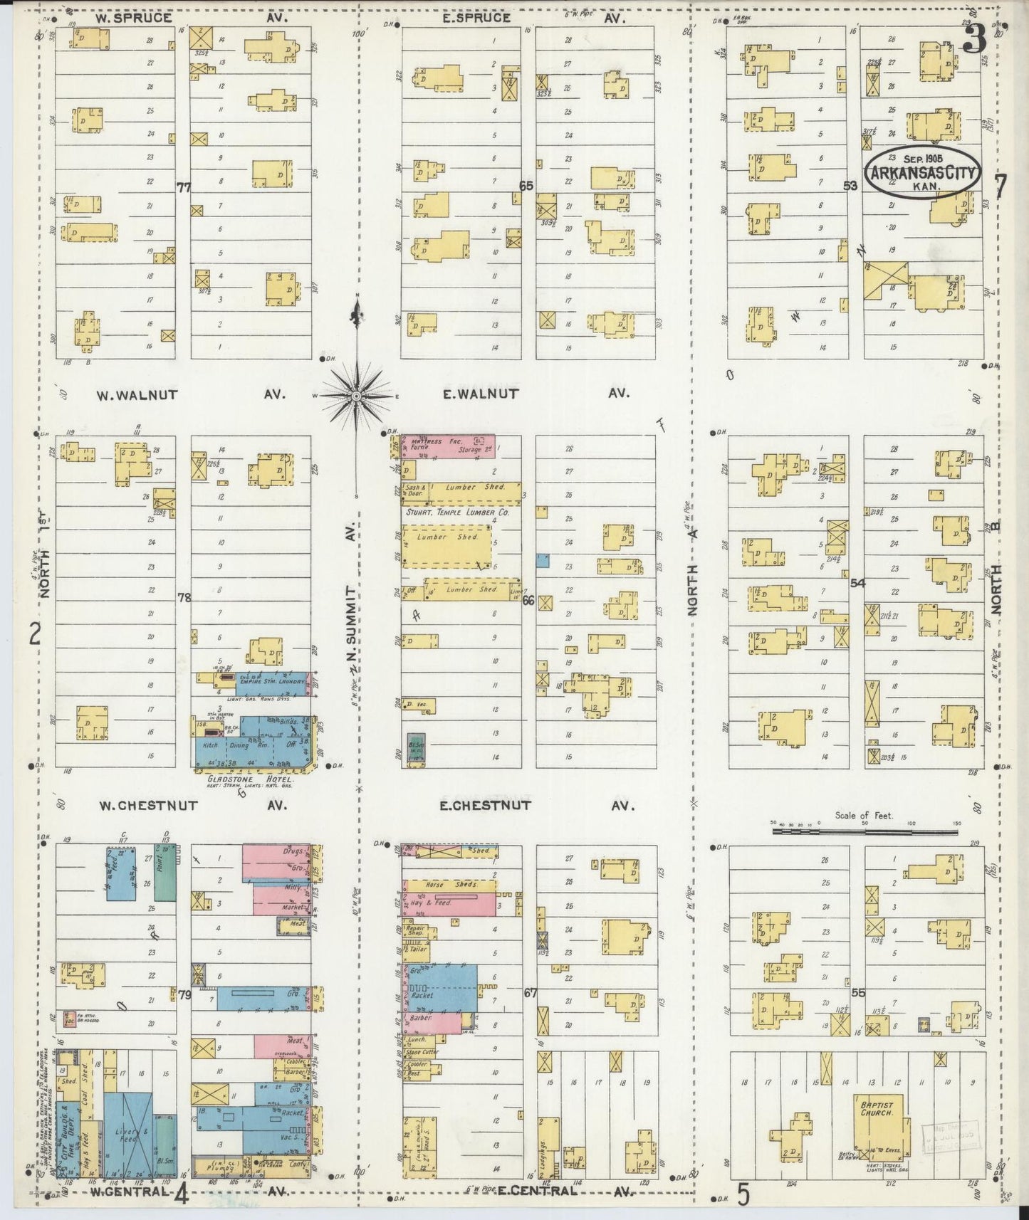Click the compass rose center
tap(356, 395)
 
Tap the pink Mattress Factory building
tap(449, 446)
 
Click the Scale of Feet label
tap(864, 816)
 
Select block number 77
tap(184, 188)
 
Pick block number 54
tap(857, 583)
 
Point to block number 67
tap(530, 993)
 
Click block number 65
tap(526, 186)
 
